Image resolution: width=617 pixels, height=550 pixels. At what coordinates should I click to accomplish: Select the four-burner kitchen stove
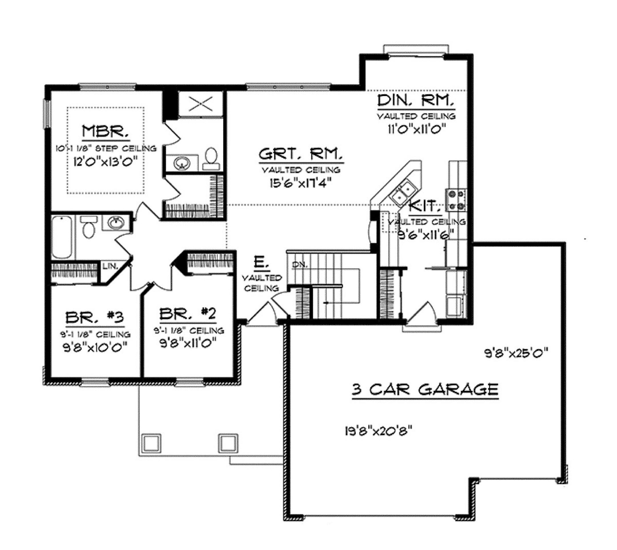point(456,200)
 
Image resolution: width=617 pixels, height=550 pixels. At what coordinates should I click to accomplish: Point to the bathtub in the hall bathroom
point(62,237)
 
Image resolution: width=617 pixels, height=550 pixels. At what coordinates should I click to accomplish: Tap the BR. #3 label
point(95,318)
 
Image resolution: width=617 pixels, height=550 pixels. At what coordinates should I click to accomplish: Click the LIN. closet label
point(110,266)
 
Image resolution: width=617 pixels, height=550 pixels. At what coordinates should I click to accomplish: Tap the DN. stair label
point(300,265)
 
